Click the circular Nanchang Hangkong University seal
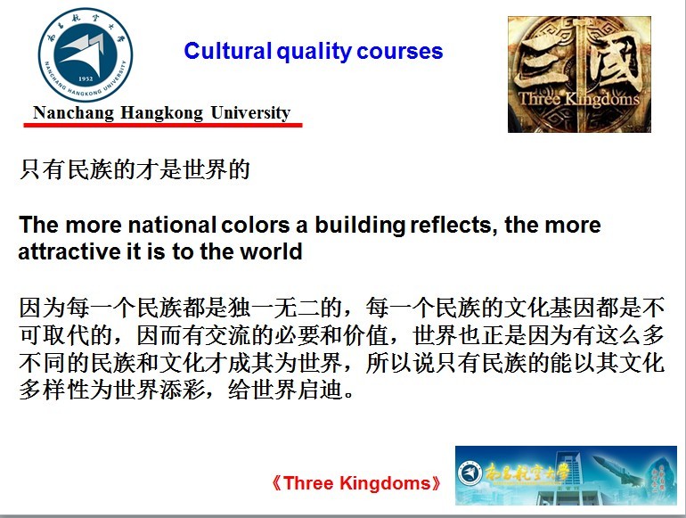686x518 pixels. pos(86,54)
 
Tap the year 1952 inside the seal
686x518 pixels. pos(86,78)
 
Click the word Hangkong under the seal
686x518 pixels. pos(161,113)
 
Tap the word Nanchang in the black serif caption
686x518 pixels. pos(73,113)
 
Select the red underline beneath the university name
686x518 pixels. pos(163,125)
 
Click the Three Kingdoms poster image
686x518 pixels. pos(579,74)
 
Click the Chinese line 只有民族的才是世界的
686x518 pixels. pos(135,169)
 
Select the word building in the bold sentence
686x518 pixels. pos(360,226)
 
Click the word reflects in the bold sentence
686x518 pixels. pos(453,226)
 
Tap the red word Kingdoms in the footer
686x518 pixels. pos(386,484)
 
